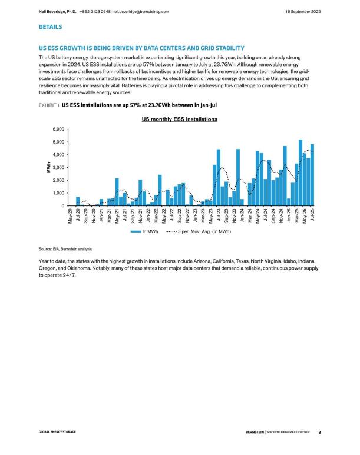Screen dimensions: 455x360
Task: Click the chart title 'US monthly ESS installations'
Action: (x=179, y=119)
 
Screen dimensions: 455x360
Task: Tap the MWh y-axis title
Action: (x=49, y=167)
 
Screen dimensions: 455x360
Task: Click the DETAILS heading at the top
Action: (x=51, y=27)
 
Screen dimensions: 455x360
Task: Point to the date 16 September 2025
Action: (x=303, y=11)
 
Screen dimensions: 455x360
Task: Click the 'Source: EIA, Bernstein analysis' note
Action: (x=65, y=250)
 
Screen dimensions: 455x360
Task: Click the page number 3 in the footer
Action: (x=319, y=432)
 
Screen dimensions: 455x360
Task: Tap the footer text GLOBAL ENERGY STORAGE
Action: (x=57, y=432)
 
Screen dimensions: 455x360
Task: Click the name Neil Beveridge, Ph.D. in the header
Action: (x=58, y=11)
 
